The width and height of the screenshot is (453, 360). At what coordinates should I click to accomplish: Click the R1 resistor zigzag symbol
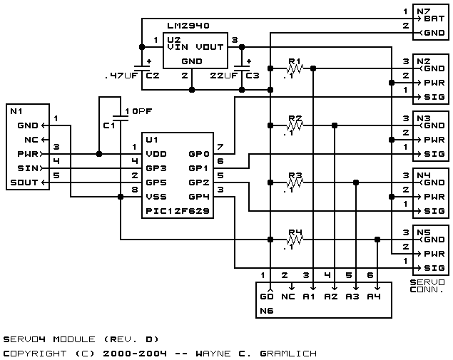[295, 68]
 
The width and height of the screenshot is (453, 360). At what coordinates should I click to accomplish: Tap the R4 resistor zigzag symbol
[295, 240]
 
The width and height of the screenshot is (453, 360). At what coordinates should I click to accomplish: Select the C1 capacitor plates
[121, 118]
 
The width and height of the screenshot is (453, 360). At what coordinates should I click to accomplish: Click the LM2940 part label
[188, 26]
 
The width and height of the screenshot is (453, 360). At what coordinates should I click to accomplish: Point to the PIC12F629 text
[178, 211]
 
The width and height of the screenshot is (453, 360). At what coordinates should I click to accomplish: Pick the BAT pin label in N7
[434, 19]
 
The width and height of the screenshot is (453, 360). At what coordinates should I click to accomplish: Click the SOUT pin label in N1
[24, 182]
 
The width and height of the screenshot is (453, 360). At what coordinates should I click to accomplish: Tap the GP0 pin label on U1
[199, 154]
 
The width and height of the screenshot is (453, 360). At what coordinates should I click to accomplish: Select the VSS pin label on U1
[156, 197]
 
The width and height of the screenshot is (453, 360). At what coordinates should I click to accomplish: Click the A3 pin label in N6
[352, 297]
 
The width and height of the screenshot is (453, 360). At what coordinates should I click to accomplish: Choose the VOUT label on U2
[210, 47]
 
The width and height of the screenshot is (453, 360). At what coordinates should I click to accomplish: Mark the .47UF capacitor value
[121, 76]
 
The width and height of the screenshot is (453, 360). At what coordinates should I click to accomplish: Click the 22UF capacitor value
[223, 76]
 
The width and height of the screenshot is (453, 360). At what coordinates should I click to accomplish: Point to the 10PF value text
[138, 111]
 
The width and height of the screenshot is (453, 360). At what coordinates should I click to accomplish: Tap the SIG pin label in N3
[434, 154]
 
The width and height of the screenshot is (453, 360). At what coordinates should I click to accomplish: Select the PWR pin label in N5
[434, 254]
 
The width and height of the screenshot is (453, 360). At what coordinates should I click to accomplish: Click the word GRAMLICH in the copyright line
[288, 354]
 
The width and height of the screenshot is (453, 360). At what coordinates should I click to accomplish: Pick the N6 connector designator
[266, 311]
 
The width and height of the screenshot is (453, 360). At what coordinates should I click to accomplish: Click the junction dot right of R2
[335, 125]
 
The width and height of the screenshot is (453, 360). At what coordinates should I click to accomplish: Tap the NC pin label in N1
[31, 140]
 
